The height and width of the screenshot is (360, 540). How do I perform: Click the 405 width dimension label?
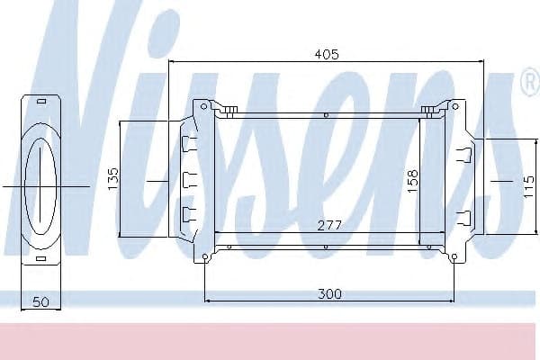point(326,55)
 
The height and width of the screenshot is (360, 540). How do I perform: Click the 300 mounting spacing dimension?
point(329,293)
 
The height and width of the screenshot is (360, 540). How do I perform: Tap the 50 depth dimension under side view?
point(40,302)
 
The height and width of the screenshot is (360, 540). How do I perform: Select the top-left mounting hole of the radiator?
point(205,106)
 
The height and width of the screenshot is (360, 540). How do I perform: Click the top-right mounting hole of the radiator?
point(454,106)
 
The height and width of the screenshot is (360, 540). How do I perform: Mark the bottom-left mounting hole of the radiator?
point(205,258)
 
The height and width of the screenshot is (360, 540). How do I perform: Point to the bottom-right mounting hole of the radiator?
point(454,258)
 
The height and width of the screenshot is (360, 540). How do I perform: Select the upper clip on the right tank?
point(464,152)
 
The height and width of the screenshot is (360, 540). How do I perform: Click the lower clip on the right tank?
point(464,216)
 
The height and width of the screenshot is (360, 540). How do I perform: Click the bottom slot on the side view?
point(41,258)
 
